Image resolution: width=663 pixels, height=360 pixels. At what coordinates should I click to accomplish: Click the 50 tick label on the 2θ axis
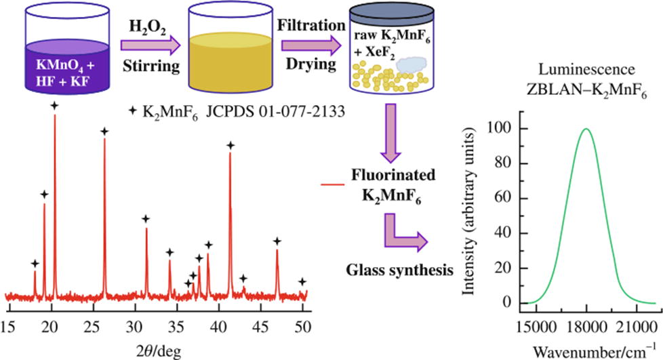[x=302, y=324]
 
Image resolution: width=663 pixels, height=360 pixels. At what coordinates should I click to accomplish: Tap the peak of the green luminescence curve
[x=586, y=129]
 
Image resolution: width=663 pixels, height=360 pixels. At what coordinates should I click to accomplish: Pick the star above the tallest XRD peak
[x=54, y=106]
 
